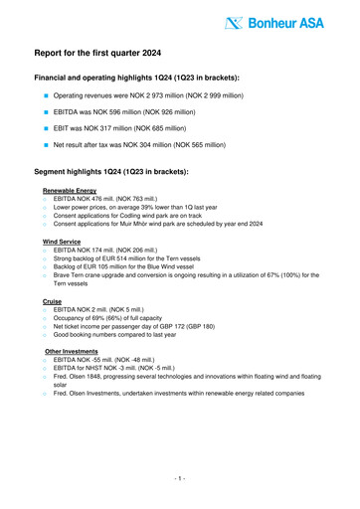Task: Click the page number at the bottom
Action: coord(179,480)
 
